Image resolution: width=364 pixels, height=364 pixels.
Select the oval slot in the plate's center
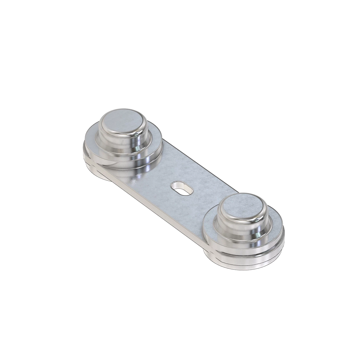click(182, 188)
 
